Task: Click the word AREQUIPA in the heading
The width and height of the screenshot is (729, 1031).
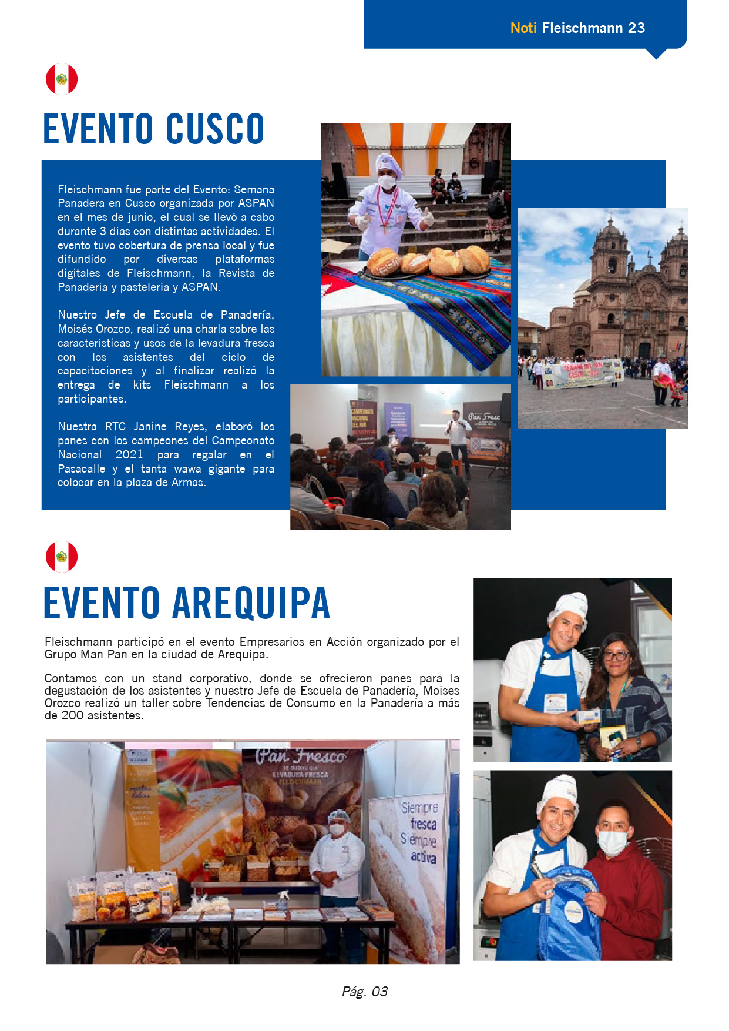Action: (251, 603)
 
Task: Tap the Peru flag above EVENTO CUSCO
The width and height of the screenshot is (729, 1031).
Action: (62, 79)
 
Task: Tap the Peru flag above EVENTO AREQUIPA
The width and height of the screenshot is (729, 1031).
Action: (62, 556)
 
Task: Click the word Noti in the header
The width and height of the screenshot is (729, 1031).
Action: (523, 28)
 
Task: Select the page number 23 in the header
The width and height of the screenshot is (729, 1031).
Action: (636, 28)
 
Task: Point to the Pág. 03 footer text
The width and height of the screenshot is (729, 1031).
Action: (364, 992)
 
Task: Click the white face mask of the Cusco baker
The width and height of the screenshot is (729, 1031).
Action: (387, 182)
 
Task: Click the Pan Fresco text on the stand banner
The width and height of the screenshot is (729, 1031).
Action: (300, 756)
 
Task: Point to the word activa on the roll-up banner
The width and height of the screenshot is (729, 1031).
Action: (423, 857)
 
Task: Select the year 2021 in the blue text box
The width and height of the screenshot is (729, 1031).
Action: (129, 454)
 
